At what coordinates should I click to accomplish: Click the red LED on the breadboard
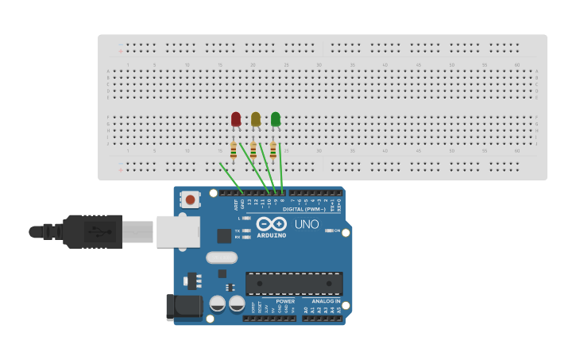(x=235, y=119)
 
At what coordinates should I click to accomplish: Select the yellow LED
(x=255, y=119)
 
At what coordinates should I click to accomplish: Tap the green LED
(x=275, y=119)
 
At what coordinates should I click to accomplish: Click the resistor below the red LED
(x=233, y=150)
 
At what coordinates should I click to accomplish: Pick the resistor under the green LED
(x=273, y=150)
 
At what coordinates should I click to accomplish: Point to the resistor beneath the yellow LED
(x=253, y=150)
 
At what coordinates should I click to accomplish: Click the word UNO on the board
(x=307, y=224)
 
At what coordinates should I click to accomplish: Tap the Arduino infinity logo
(x=271, y=223)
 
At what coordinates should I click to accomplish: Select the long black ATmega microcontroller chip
(x=294, y=283)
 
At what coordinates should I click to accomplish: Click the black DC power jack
(x=182, y=308)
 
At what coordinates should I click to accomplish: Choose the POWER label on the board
(x=285, y=301)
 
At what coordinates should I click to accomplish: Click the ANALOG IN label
(x=326, y=301)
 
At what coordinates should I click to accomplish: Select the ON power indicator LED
(x=329, y=230)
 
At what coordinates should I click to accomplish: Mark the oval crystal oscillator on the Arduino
(x=222, y=257)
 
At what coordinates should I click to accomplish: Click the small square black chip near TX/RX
(x=224, y=235)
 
